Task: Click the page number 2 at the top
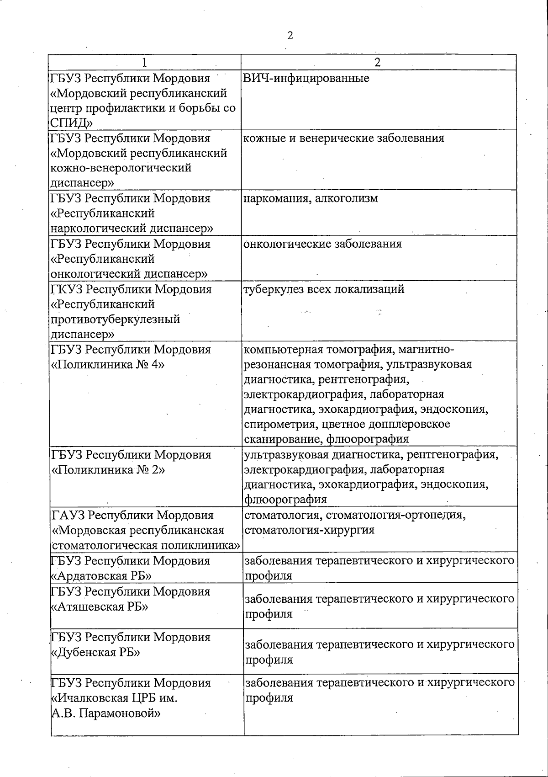tap(290, 35)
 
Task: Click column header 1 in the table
tap(144, 63)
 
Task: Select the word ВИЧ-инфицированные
tap(306, 78)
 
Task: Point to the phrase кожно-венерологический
tap(121, 168)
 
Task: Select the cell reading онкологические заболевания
tap(322, 244)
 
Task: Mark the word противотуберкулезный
tap(115, 319)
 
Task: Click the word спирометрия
tap(280, 424)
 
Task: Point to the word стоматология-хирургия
tap(310, 530)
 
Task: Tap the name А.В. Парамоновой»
tap(105, 713)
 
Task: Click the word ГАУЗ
tap(68, 516)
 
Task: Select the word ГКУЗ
tap(67, 289)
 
